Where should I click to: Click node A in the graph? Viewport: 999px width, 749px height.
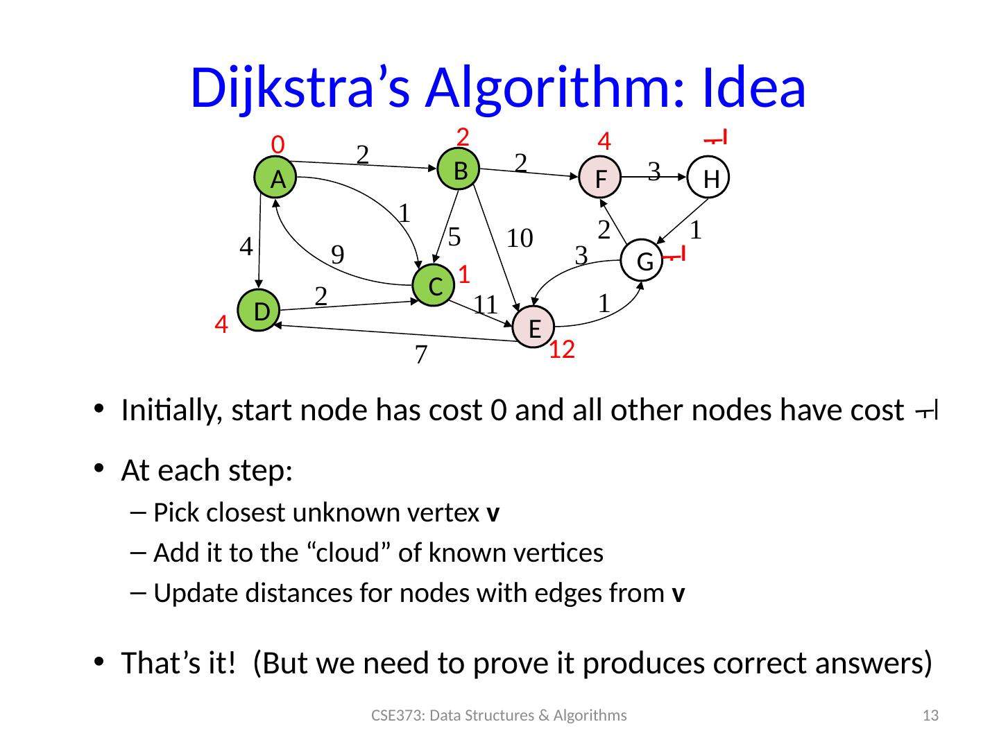point(278,179)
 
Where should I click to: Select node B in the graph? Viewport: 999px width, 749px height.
point(459,169)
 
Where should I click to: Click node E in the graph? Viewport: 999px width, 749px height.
point(534,328)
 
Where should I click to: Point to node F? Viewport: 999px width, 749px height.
point(601,179)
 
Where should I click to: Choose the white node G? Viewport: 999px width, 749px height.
point(644,261)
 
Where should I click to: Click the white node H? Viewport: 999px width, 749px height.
point(709,179)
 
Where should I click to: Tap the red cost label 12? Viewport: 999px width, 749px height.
point(562,351)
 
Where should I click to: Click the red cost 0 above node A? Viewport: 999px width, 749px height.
point(277,144)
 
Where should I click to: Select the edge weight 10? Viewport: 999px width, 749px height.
point(519,239)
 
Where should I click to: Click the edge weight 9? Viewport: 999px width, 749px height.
point(338,255)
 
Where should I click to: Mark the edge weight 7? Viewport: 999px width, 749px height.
point(420,355)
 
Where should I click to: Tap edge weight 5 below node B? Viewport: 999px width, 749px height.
point(454,236)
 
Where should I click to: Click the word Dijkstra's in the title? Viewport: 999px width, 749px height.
point(302,89)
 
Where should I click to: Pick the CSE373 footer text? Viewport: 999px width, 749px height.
point(499,716)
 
